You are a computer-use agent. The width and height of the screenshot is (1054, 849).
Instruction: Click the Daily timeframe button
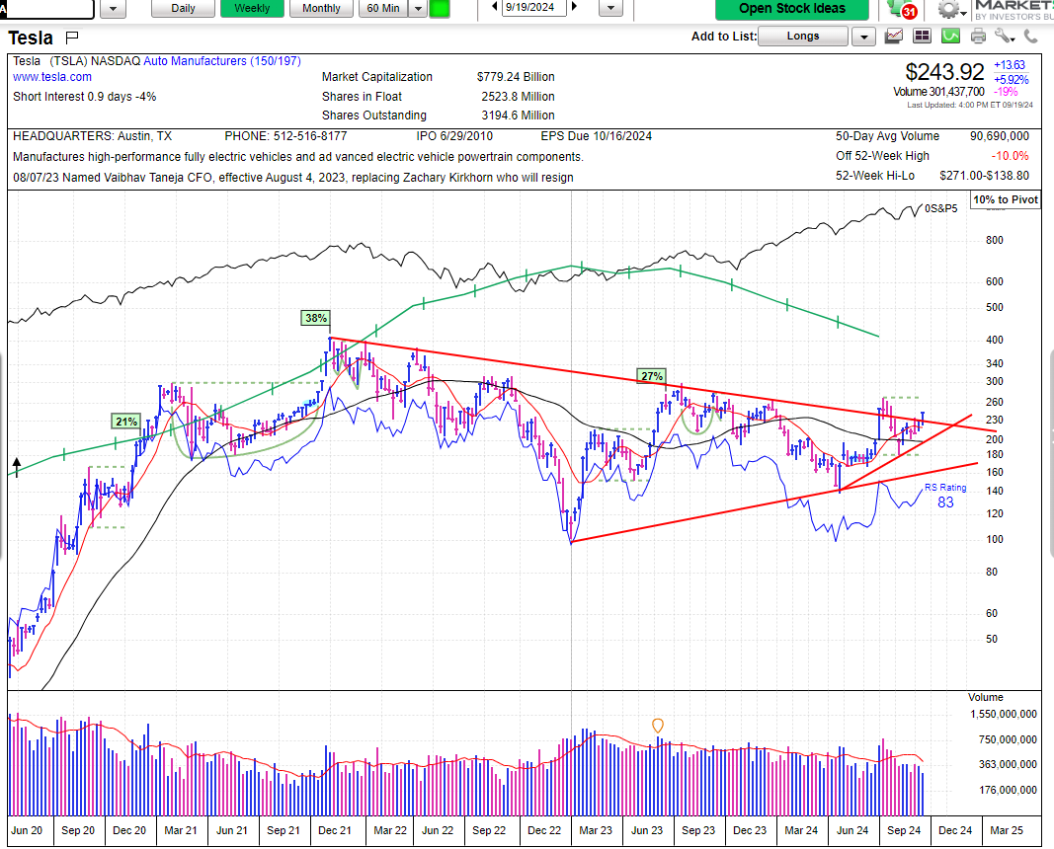pyautogui.click(x=183, y=8)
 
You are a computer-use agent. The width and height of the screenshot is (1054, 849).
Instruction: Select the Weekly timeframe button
pyautogui.click(x=252, y=8)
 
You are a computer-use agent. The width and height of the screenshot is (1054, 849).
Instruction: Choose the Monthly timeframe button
pyautogui.click(x=321, y=8)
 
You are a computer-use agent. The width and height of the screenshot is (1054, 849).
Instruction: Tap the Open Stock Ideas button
pyautogui.click(x=792, y=9)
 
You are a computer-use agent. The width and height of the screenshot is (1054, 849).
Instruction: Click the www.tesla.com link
pyautogui.click(x=52, y=77)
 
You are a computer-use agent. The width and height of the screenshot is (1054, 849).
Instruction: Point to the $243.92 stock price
pyautogui.click(x=944, y=71)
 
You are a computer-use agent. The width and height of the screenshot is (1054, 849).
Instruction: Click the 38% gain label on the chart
pyautogui.click(x=316, y=318)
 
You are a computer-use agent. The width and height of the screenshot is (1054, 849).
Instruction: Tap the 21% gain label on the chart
pyautogui.click(x=126, y=422)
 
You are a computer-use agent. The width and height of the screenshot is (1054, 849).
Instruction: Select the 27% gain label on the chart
pyautogui.click(x=651, y=375)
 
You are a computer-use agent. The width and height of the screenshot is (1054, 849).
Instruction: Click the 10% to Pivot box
pyautogui.click(x=1006, y=199)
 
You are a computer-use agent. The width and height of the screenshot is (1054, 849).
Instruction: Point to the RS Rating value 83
pyautogui.click(x=945, y=502)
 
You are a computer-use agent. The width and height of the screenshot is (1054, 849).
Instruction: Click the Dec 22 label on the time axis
pyautogui.click(x=544, y=830)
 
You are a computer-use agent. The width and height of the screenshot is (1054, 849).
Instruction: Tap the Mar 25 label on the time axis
pyautogui.click(x=1007, y=830)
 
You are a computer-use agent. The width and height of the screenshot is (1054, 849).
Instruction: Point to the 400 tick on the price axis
pyautogui.click(x=995, y=340)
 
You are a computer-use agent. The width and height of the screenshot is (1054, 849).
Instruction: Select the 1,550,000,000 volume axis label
pyautogui.click(x=1004, y=714)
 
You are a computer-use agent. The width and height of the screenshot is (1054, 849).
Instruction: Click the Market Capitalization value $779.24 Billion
pyautogui.click(x=516, y=77)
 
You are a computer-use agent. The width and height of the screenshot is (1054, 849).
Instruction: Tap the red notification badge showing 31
pyautogui.click(x=910, y=12)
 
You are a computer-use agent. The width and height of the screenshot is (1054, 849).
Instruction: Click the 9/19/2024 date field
pyautogui.click(x=530, y=7)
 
